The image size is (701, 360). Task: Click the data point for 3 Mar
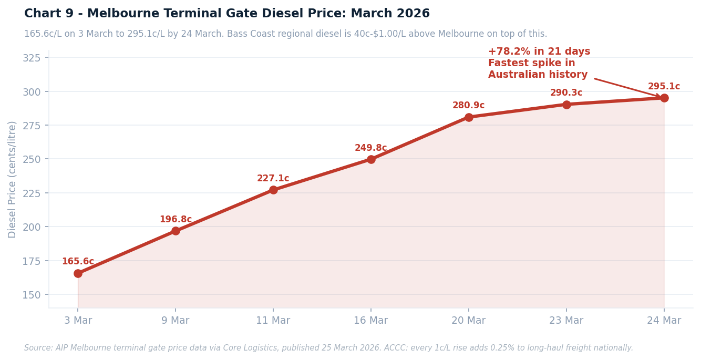78,273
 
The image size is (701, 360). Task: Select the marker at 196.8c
176,231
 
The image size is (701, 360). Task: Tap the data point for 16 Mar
371,159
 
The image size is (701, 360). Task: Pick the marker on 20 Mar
469,117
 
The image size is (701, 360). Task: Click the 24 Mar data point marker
664,98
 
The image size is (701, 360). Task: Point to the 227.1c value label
273,179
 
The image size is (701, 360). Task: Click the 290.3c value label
566,93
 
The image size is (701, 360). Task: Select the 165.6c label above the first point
78,262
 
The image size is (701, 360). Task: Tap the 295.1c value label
664,87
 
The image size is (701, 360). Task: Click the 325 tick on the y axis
32,58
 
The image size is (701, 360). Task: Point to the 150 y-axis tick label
32,295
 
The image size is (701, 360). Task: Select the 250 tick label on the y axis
32,159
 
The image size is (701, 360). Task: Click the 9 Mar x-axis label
176,321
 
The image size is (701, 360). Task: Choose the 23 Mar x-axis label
566,321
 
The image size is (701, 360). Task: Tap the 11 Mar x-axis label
273,321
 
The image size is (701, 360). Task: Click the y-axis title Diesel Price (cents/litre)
13,179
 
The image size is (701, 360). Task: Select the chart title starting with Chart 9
226,14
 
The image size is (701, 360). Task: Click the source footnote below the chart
328,348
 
